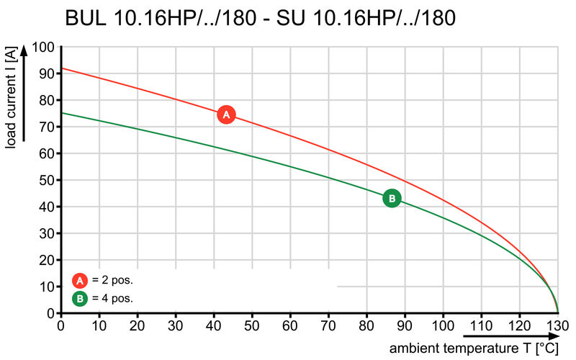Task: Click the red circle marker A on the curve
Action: tap(226, 114)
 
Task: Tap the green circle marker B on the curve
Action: tap(392, 198)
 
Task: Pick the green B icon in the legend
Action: tap(80, 297)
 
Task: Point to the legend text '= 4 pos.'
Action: tap(112, 297)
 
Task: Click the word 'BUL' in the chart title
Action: tap(87, 18)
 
